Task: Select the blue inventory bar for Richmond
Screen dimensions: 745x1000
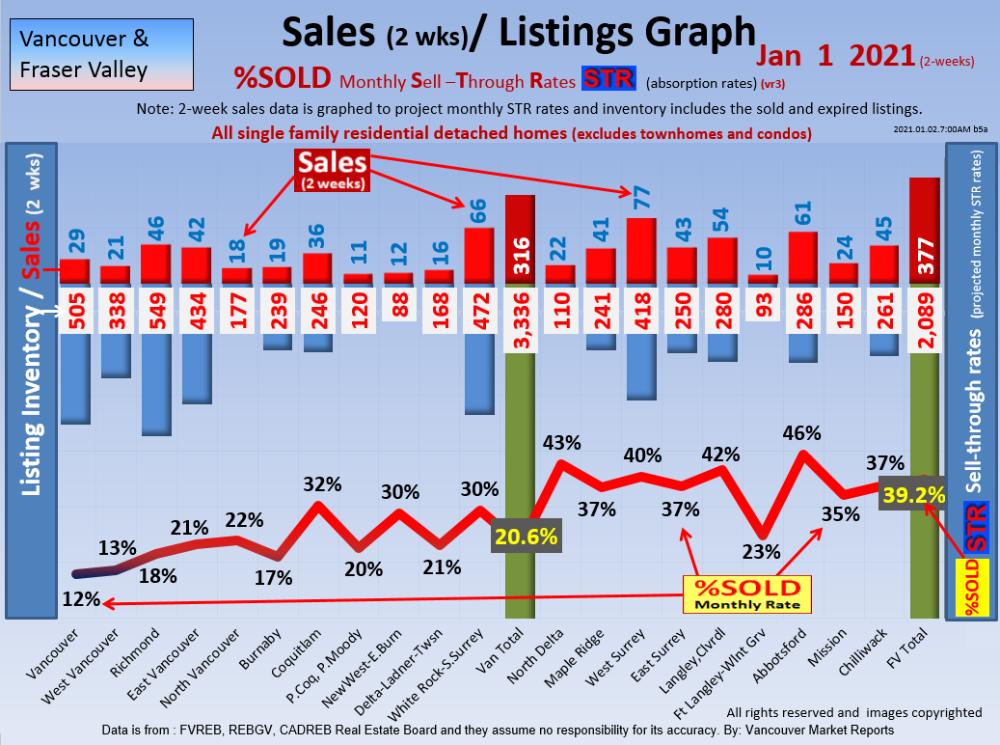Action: (155, 385)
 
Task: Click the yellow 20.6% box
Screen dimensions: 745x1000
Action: (526, 537)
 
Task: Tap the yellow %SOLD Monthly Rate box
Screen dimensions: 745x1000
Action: (747, 594)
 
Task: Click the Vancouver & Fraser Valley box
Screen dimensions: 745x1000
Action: (97, 54)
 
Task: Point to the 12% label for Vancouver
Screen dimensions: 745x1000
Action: (81, 598)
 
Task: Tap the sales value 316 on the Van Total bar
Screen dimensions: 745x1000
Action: (520, 260)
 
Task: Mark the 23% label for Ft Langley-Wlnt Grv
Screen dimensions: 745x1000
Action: (761, 552)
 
